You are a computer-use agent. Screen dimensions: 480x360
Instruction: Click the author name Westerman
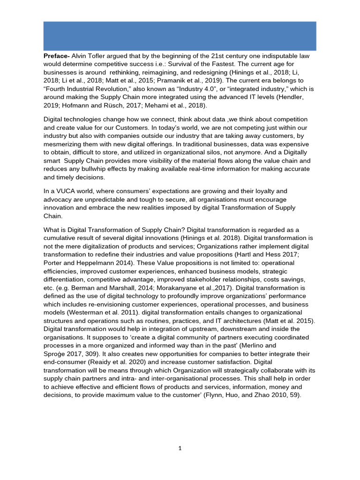pyautogui.click(x=89, y=313)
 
